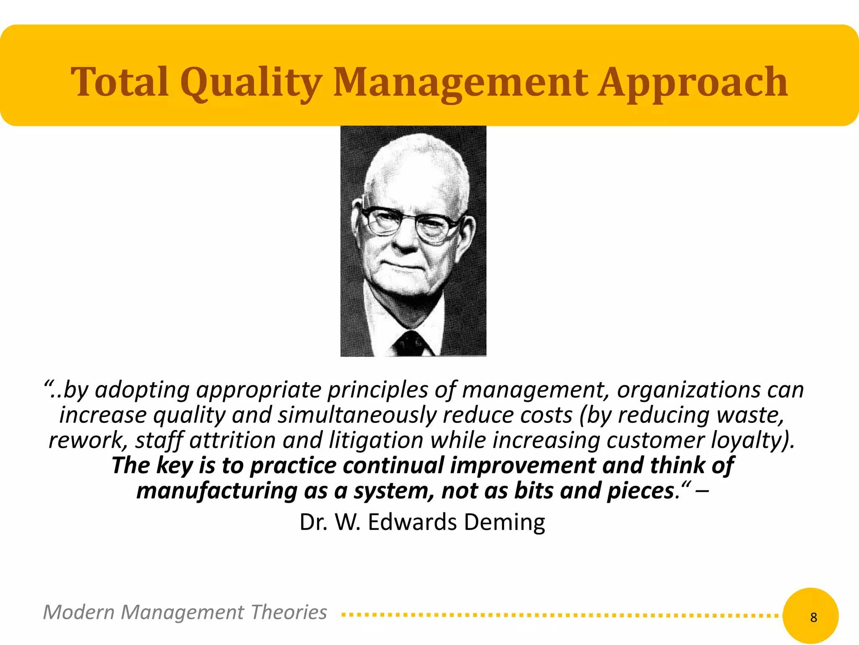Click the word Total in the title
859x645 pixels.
pyautogui.click(x=120, y=82)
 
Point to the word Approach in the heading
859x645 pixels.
pyautogui.click(x=692, y=83)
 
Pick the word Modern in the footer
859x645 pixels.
pyautogui.click(x=78, y=612)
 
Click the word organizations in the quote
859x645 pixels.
pyautogui.click(x=688, y=390)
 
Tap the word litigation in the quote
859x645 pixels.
pyautogui.click(x=376, y=440)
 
